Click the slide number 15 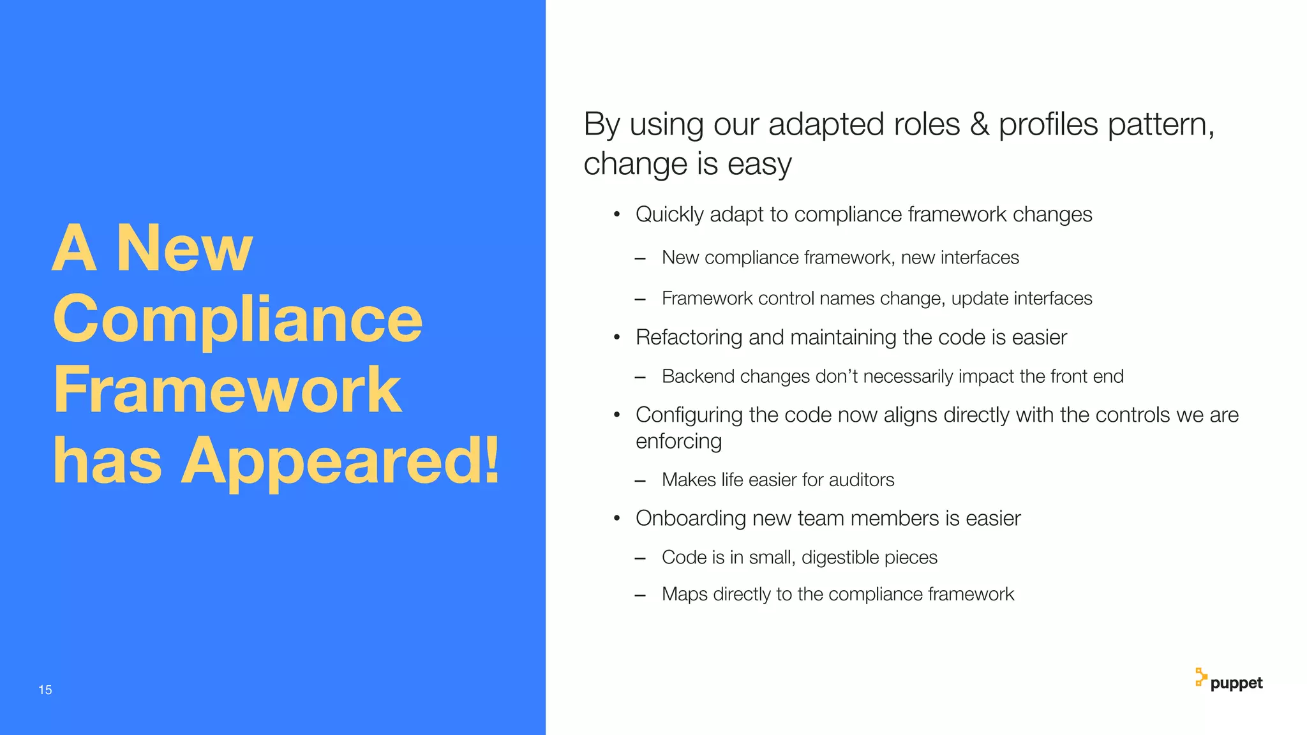(45, 690)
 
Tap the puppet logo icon (1200, 677)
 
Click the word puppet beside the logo (1236, 683)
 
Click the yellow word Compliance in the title (237, 319)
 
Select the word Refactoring (689, 338)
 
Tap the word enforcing (678, 442)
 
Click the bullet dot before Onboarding (616, 519)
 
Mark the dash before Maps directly (640, 595)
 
